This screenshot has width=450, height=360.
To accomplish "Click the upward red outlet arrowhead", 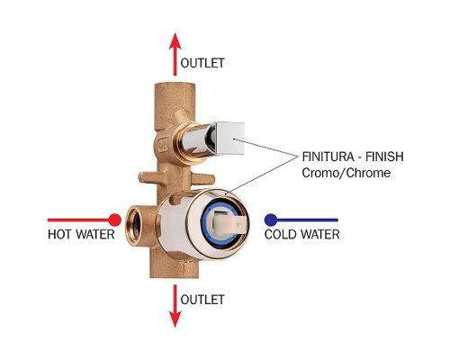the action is [175, 41].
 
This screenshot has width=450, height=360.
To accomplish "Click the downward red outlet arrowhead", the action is [175, 319].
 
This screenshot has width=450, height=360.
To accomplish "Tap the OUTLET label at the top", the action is [202, 63].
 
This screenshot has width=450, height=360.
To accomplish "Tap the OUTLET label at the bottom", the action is [202, 300].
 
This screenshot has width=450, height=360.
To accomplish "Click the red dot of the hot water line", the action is [114, 220].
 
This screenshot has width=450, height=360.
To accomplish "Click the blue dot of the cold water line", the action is [271, 220].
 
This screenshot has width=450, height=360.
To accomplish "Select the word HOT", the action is [60, 234].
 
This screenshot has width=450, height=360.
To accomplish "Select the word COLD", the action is [281, 234].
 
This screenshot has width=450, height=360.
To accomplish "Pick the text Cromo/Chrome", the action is [346, 173].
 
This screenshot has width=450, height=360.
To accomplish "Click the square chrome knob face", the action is [230, 139].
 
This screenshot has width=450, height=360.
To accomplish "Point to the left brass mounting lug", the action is [149, 177].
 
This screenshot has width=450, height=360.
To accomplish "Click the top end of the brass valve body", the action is [175, 85].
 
